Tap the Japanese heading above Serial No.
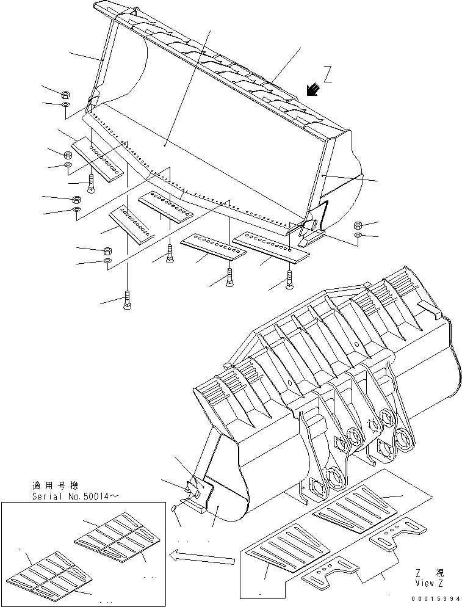pos(54,486)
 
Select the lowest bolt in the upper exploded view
pos(127,300)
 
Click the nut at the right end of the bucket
pos(358,225)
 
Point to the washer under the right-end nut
pos(358,235)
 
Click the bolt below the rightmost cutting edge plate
pos(289,280)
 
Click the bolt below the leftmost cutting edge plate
pos(90,183)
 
